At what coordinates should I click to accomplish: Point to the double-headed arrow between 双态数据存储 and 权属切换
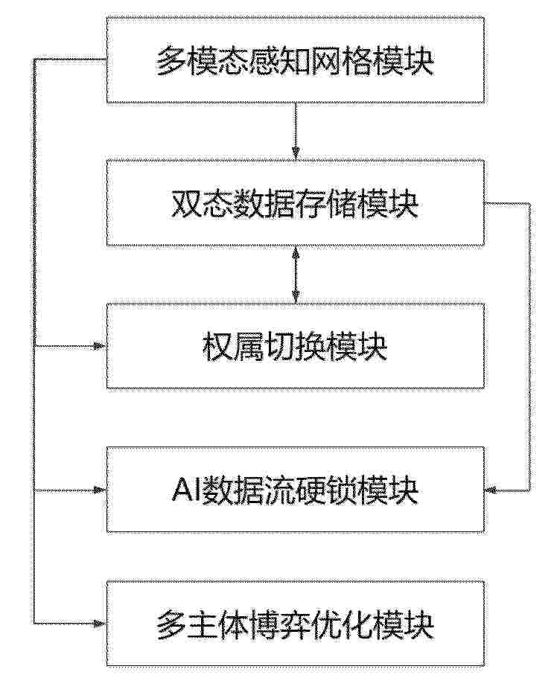tap(296, 275)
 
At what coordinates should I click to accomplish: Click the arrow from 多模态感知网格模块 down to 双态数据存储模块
tap(296, 132)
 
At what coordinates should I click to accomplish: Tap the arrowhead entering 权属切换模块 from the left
tap(101, 345)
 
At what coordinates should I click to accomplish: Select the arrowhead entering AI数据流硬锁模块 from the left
tap(101, 490)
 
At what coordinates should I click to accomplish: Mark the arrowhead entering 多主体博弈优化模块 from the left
tap(101, 623)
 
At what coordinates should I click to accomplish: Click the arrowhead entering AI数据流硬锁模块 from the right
tap(491, 490)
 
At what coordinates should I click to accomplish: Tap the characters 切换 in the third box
tap(296, 347)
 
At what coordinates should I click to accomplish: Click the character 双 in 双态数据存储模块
tap(187, 204)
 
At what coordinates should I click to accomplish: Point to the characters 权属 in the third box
tap(233, 347)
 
